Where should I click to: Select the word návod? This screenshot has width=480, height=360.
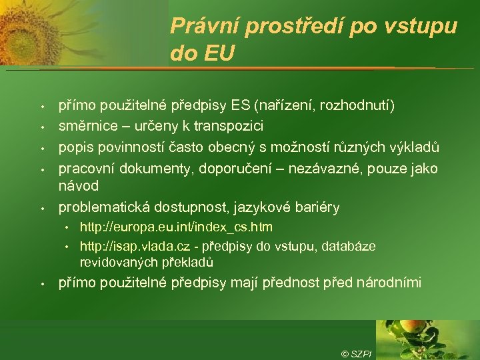[79, 185]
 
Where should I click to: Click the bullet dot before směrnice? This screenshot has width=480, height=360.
[41, 127]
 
